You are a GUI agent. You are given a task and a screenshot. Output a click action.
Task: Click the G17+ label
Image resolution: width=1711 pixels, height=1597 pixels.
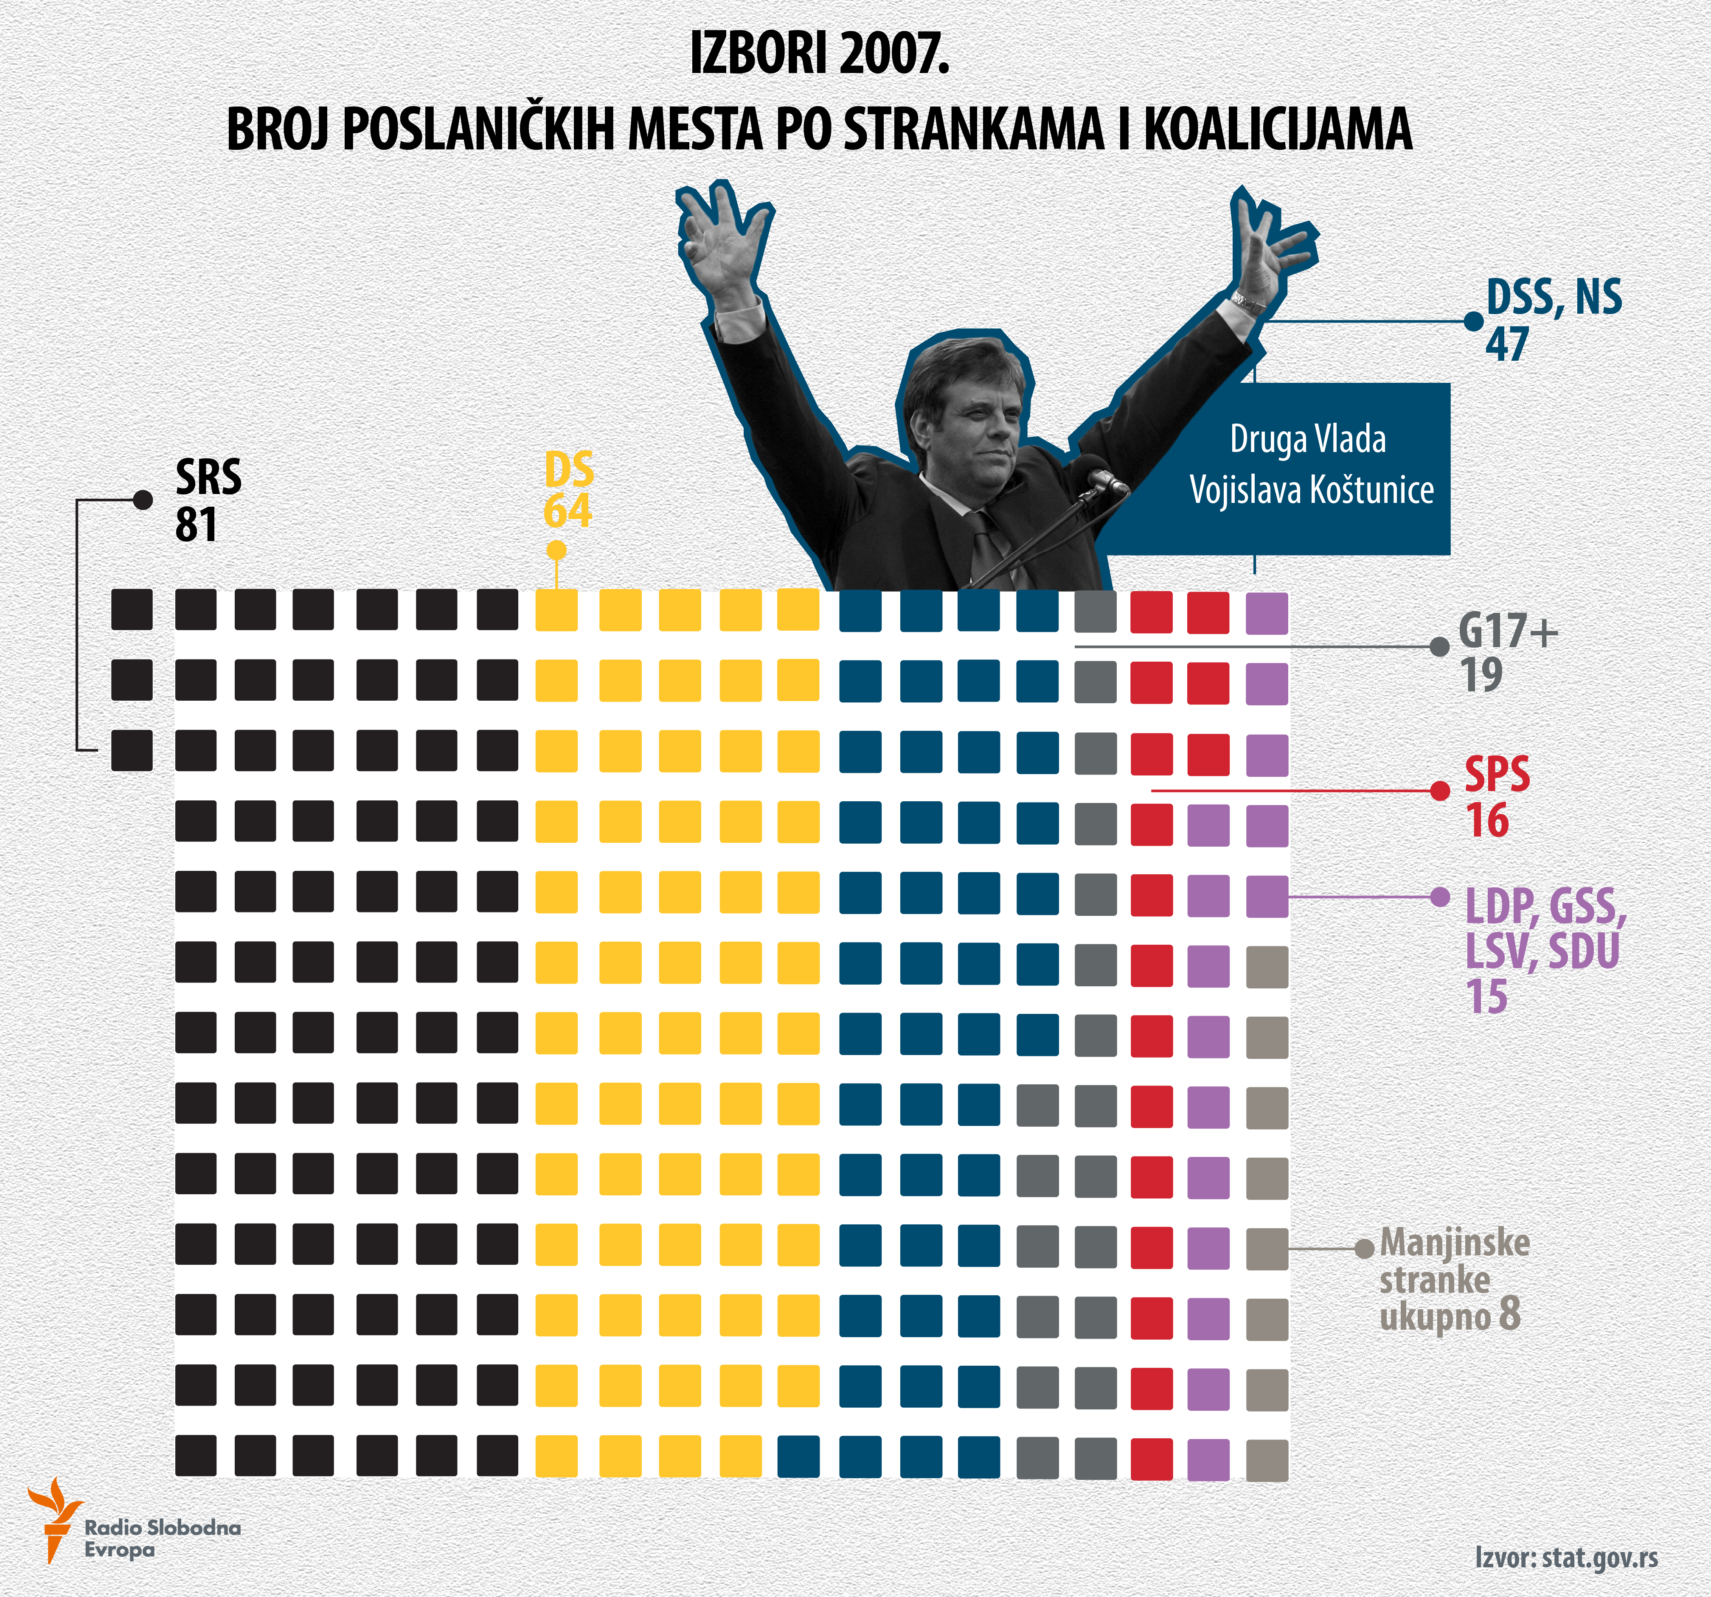(1508, 632)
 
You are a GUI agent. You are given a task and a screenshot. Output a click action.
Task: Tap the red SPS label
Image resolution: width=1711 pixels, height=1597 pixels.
(1497, 775)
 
